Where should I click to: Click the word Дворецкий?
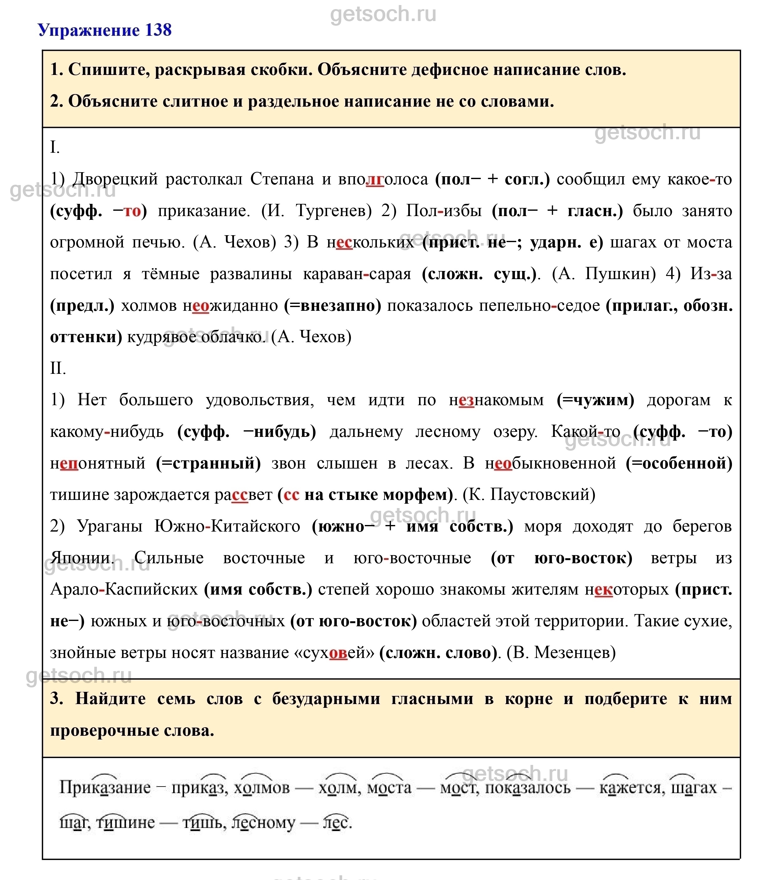[x=115, y=179]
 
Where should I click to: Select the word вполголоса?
[x=383, y=179]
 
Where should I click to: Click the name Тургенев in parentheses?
[x=333, y=210]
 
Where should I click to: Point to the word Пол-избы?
[x=443, y=210]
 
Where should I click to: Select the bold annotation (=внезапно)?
[x=332, y=305]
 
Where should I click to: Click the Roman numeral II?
[x=58, y=368]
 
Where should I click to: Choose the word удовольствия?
[x=260, y=400]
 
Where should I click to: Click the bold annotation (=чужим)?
[x=596, y=400]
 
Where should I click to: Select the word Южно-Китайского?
[x=227, y=526]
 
